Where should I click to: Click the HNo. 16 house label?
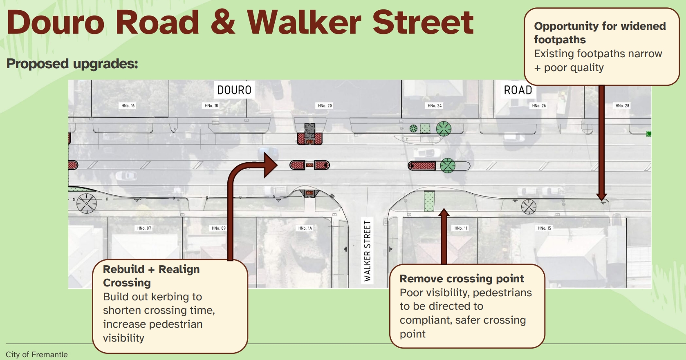(x=128, y=106)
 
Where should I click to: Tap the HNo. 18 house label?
(x=211, y=106)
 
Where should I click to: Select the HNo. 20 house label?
(x=325, y=106)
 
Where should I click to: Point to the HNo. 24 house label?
(x=435, y=106)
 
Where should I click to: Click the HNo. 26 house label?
(x=539, y=106)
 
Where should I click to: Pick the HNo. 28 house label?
(x=622, y=106)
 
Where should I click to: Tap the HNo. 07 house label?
(x=144, y=228)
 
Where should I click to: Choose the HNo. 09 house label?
(x=218, y=228)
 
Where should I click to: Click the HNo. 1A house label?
(x=305, y=228)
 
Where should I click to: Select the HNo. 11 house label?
(x=461, y=228)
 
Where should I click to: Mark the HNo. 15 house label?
(x=545, y=228)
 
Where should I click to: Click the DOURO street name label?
(x=234, y=90)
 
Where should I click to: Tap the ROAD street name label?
(x=518, y=90)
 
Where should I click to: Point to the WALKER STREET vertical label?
(x=367, y=251)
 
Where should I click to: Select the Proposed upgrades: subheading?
(x=72, y=64)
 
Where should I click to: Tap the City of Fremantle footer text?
(x=37, y=354)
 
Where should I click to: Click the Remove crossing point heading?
(x=462, y=279)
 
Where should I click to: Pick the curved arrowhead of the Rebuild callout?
(x=271, y=165)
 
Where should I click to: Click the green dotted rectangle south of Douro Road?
(x=429, y=201)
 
